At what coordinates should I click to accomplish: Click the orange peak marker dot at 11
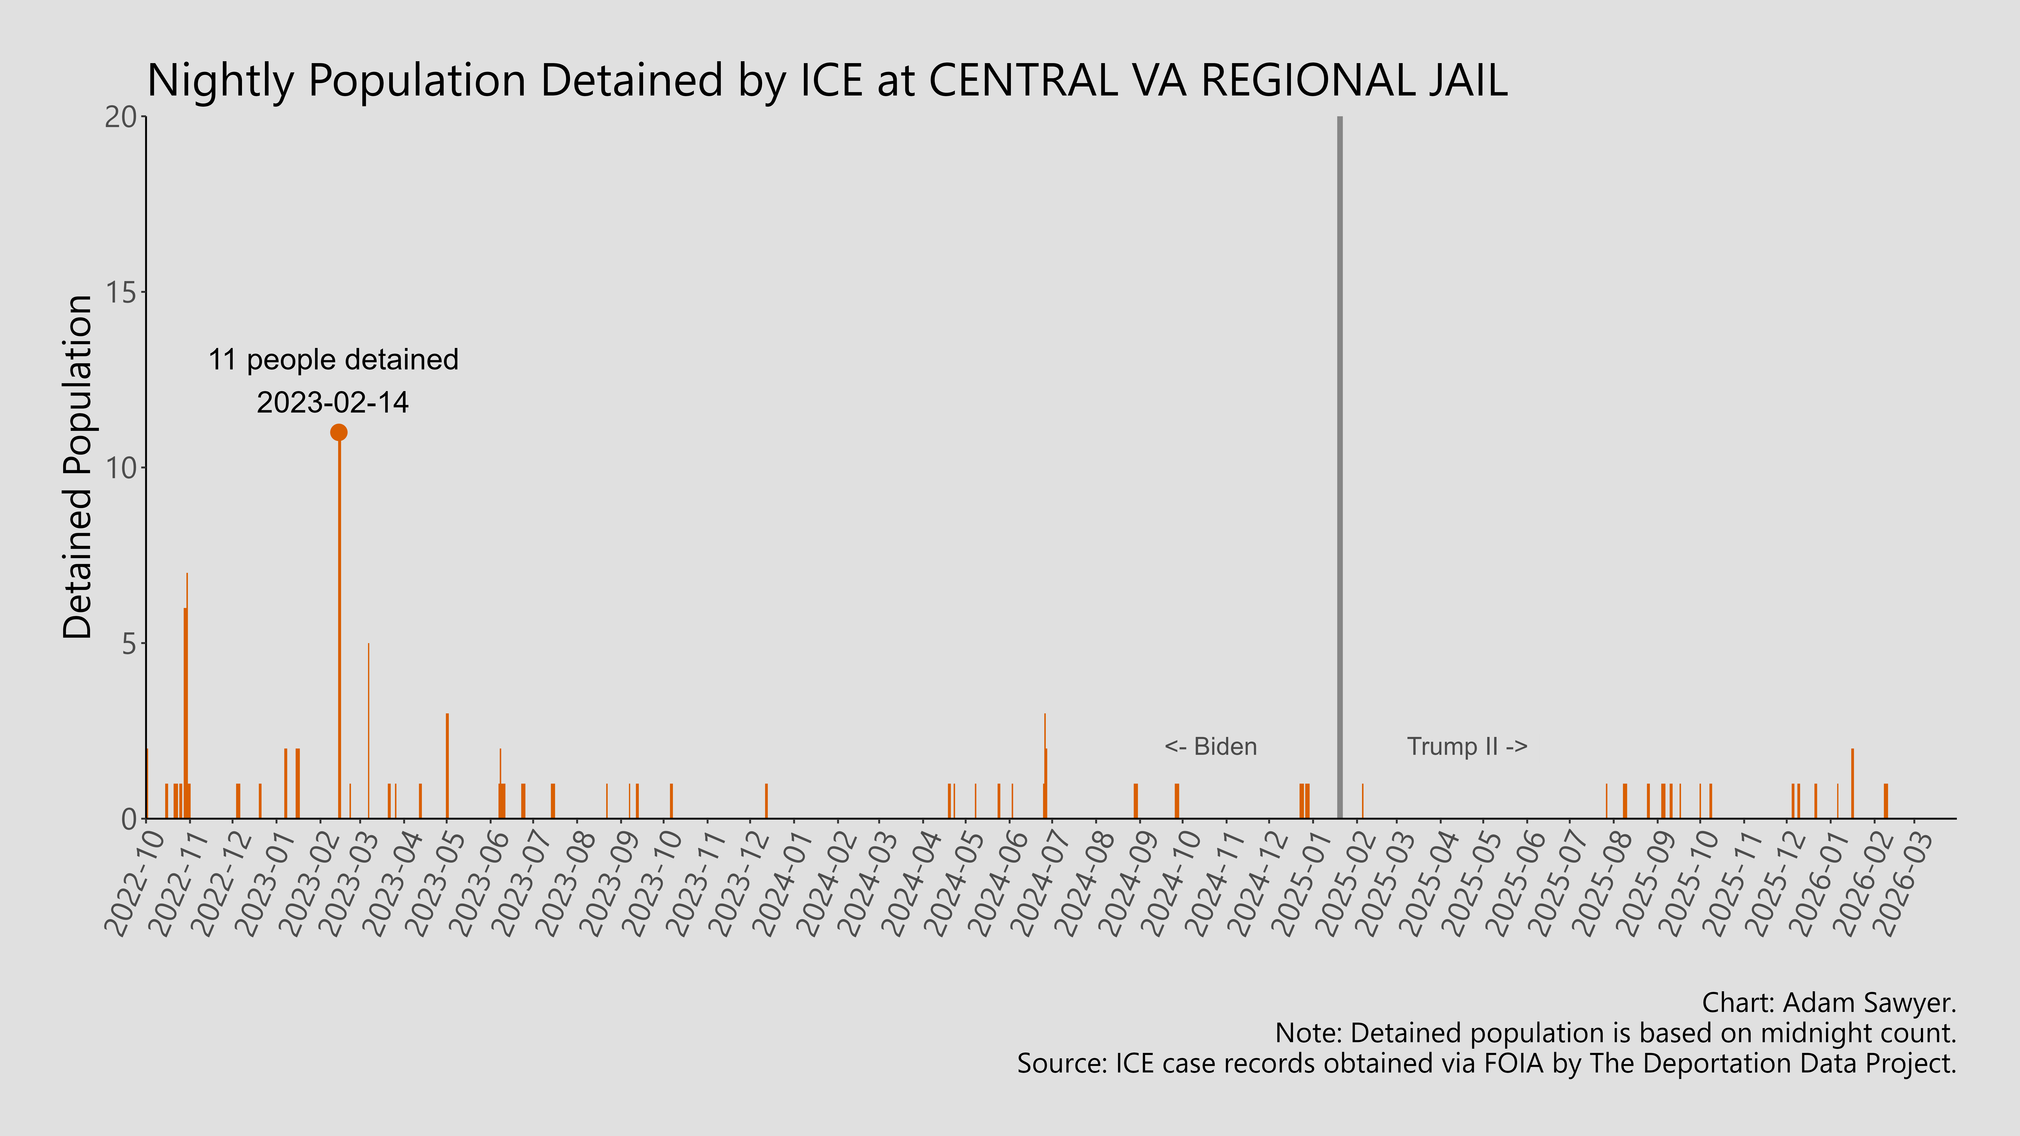click(x=339, y=432)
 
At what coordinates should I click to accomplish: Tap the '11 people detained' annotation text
click(x=333, y=360)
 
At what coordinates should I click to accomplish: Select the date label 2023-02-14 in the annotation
click(x=333, y=403)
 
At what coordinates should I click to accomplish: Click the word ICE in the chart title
click(x=831, y=81)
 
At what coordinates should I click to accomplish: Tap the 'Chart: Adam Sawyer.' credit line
click(x=1829, y=1003)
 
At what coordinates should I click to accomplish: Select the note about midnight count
click(x=1615, y=1033)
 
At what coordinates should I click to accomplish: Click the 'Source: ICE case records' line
click(x=1486, y=1064)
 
